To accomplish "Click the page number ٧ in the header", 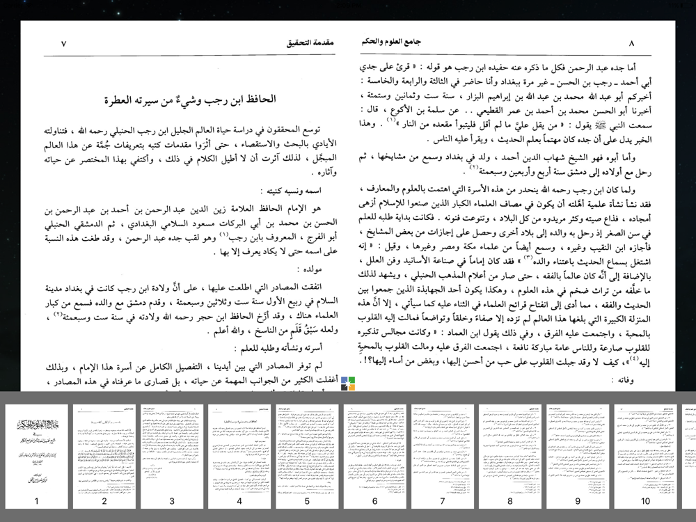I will tap(63, 43).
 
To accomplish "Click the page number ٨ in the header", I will tap(631, 43).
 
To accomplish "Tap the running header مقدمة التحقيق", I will tap(310, 43).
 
